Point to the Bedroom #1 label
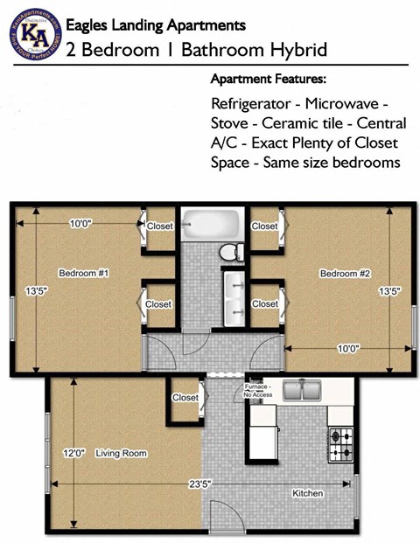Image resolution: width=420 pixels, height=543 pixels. point(83,274)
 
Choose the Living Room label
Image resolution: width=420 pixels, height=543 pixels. point(122,453)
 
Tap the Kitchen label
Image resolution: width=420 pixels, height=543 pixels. point(308,494)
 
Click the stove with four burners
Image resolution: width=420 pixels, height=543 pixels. point(341,443)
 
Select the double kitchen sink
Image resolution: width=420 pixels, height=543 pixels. point(304,391)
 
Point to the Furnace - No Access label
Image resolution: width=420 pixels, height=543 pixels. point(259,390)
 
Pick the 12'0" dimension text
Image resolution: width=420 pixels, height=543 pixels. point(73,453)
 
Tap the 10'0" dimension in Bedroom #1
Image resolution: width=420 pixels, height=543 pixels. point(80,224)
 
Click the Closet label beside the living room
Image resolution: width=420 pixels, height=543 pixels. point(185,397)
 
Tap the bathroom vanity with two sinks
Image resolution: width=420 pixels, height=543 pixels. point(234,297)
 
